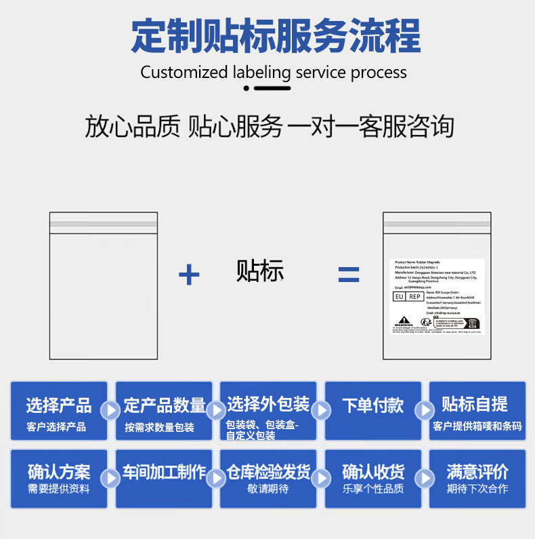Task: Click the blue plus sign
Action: tap(189, 275)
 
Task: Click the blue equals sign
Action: tap(349, 275)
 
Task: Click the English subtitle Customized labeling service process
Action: tap(274, 73)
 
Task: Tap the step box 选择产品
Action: tap(59, 410)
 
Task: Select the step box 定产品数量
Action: tap(164, 410)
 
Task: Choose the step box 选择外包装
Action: tap(268, 410)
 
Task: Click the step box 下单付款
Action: tap(373, 410)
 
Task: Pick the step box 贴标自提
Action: tap(477, 410)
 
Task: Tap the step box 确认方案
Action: tap(59, 478)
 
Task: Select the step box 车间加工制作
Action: tap(164, 478)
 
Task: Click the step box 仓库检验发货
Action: tap(268, 478)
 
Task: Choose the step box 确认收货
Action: tap(373, 478)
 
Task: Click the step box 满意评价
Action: tap(477, 478)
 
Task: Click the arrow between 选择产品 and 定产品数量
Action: tap(110, 410)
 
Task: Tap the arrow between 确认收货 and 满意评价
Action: tap(425, 478)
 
